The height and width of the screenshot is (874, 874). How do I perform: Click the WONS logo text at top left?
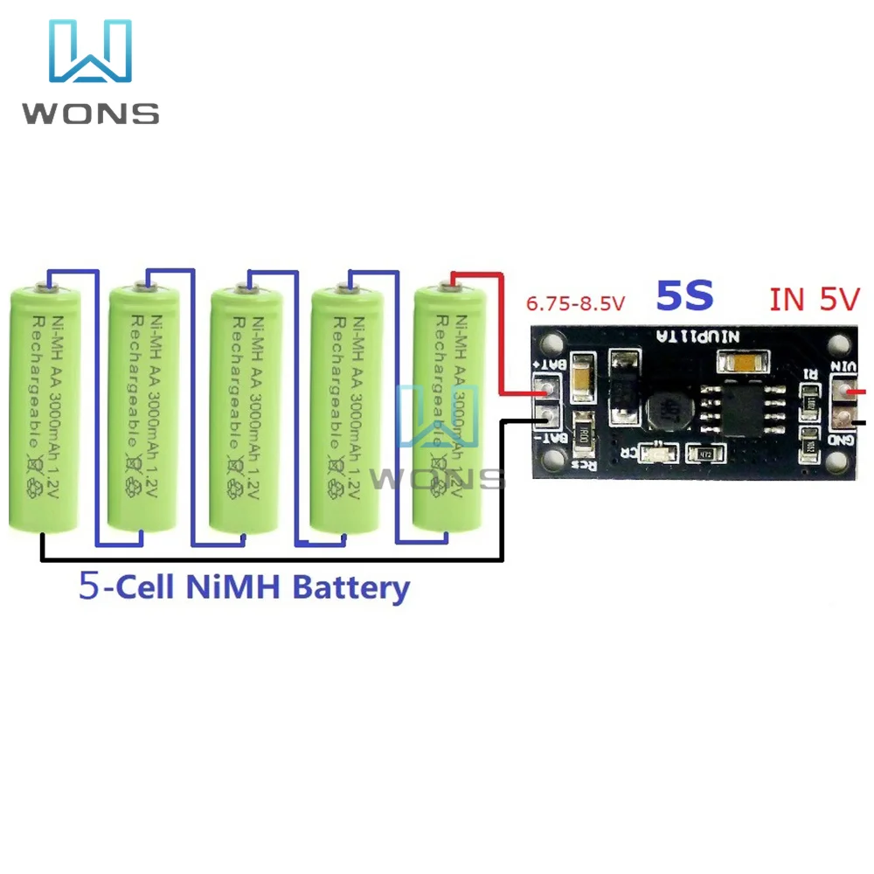pyautogui.click(x=91, y=113)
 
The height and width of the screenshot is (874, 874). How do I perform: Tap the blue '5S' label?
pyautogui.click(x=685, y=296)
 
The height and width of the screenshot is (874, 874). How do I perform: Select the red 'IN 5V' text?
pyautogui.click(x=815, y=299)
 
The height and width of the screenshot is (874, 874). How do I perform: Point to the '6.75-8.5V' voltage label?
pyautogui.click(x=575, y=304)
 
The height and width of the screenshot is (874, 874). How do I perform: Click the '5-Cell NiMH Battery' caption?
pyautogui.click(x=244, y=586)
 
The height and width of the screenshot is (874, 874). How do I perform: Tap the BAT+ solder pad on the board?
pyautogui.click(x=545, y=386)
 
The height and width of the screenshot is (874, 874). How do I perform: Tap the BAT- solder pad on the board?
pyautogui.click(x=545, y=416)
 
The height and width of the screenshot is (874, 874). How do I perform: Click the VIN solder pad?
pyautogui.click(x=844, y=390)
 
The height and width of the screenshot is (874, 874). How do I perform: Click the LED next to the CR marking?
pyautogui.click(x=652, y=454)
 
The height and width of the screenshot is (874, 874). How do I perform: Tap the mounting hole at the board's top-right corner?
pyautogui.click(x=843, y=342)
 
